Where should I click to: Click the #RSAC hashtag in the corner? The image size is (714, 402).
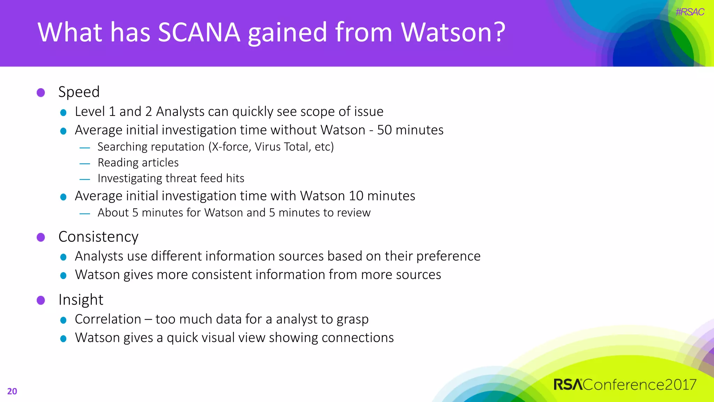point(690,12)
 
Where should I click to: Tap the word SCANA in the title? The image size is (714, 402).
point(199,32)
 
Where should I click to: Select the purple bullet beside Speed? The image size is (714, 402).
point(41,92)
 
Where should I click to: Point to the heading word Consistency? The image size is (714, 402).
point(98,237)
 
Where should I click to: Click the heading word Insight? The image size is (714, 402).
point(81,300)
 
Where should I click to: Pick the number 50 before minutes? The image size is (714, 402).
point(385,130)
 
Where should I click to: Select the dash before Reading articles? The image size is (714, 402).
point(85,163)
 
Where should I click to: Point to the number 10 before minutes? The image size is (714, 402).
point(356,196)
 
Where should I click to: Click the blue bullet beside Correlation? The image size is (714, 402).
point(63,320)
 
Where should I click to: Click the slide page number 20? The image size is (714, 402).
point(12,391)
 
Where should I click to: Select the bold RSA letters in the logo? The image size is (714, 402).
point(568,385)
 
